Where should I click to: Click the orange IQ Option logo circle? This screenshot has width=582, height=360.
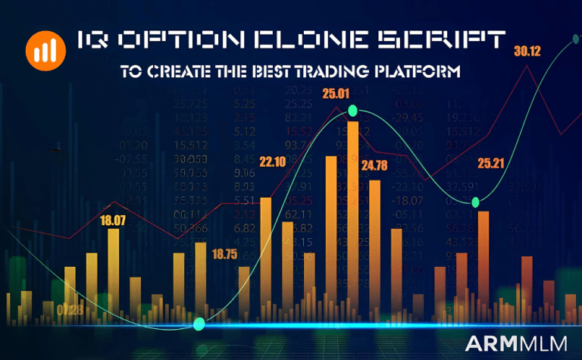pos(44,50)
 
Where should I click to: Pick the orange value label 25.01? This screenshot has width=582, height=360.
pos(336,95)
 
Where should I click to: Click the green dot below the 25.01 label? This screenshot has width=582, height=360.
pos(352,111)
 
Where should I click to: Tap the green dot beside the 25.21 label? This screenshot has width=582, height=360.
pos(475,202)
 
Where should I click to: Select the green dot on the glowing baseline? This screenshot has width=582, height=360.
pos(199,324)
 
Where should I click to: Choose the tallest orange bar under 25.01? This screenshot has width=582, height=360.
pos(352,220)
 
